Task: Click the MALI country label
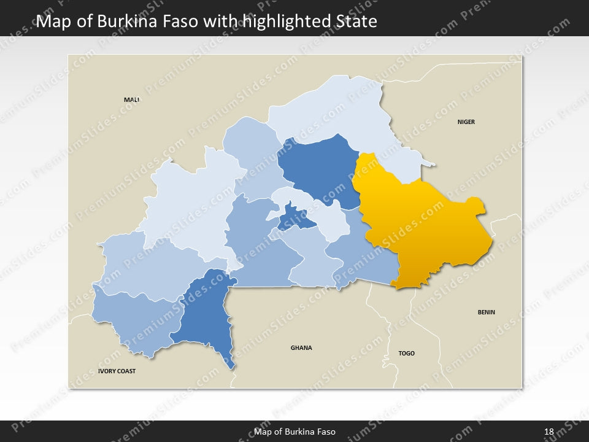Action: [x=131, y=99]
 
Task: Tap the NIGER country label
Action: [x=466, y=122]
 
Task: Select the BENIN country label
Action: [x=486, y=312]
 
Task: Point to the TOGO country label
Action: [x=406, y=353]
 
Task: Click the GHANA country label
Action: [x=301, y=347]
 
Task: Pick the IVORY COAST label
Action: [x=117, y=371]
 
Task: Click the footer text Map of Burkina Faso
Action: [x=294, y=432]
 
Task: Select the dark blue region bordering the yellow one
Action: [x=319, y=169]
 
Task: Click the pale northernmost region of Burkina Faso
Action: [x=331, y=107]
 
